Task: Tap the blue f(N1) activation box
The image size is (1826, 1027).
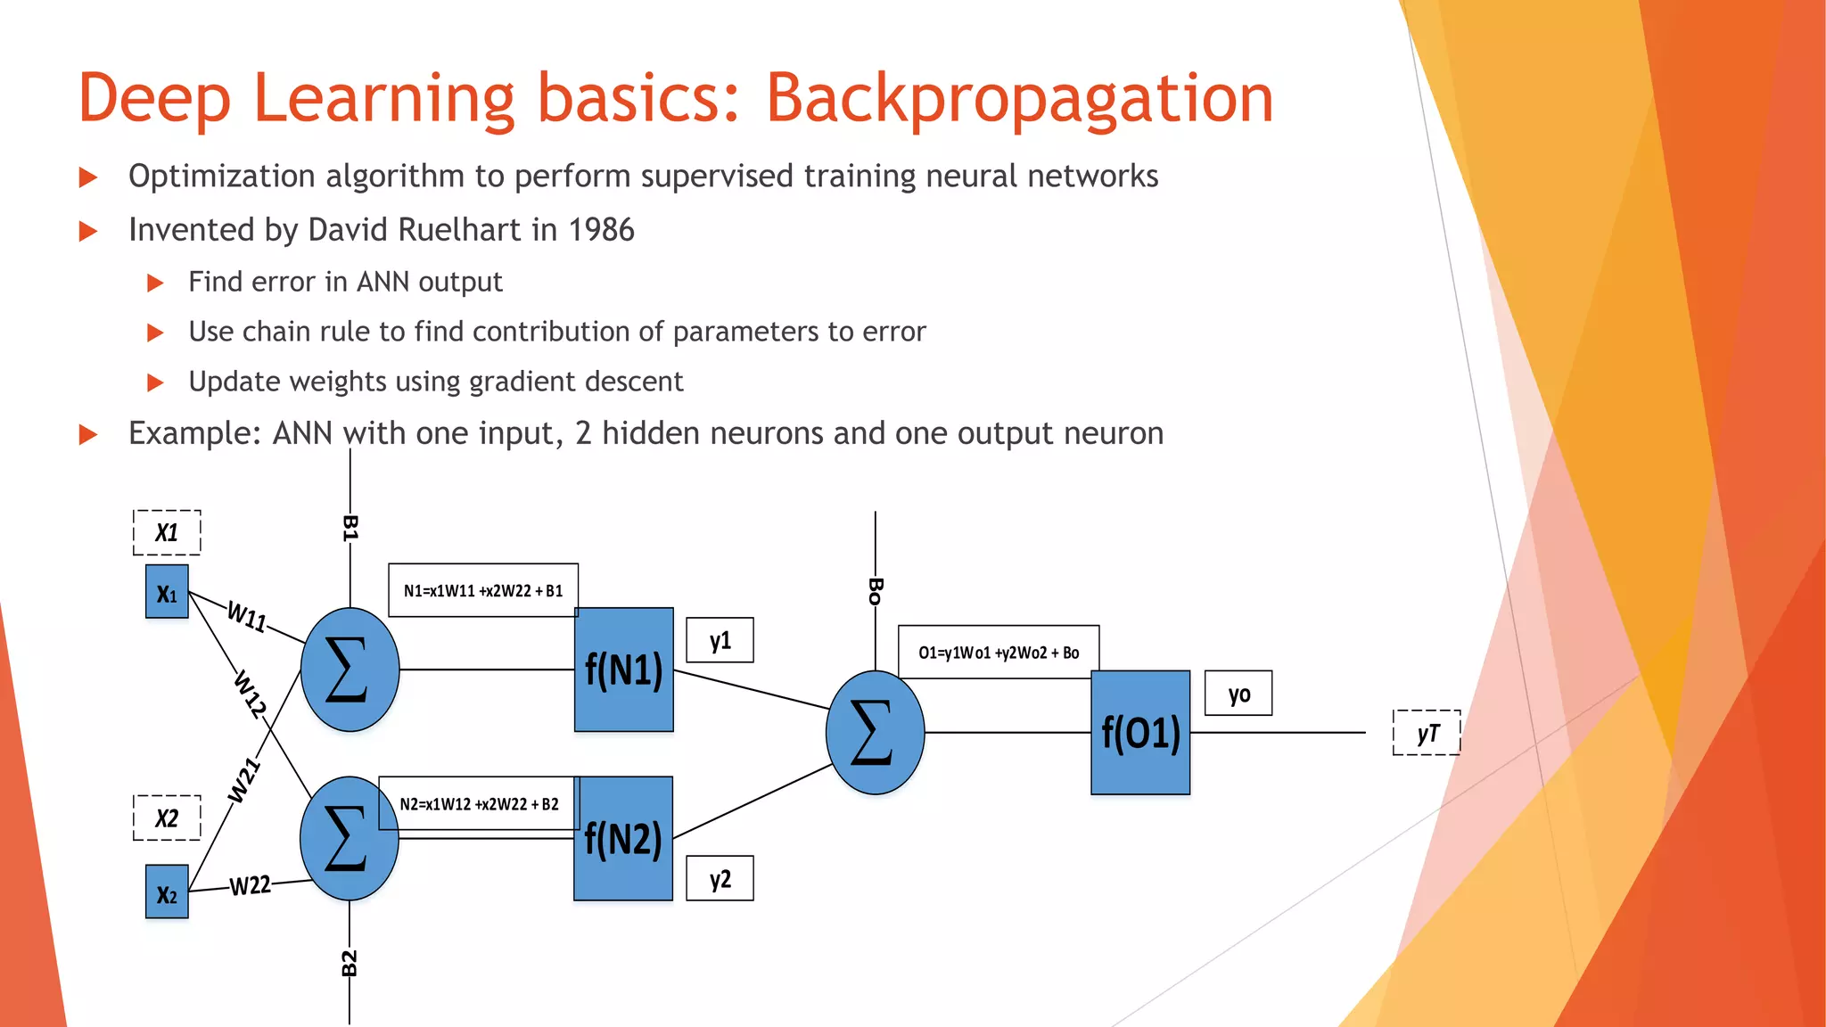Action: [623, 670]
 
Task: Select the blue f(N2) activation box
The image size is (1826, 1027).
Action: [622, 839]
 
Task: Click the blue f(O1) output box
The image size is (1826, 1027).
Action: [1140, 733]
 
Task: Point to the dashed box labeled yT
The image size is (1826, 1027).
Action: [1427, 733]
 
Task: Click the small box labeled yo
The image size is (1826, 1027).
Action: [1238, 694]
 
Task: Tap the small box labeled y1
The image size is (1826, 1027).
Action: [720, 640]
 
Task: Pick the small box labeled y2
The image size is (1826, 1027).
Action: [720, 879]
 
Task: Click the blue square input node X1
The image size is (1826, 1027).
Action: [167, 592]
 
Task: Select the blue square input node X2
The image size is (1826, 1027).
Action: [167, 892]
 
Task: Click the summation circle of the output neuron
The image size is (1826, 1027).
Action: [875, 733]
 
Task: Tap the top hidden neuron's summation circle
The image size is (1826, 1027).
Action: [350, 670]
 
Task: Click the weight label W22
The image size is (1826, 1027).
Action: [250, 885]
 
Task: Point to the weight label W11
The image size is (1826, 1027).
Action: [247, 616]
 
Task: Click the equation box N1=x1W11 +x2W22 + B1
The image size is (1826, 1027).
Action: [483, 590]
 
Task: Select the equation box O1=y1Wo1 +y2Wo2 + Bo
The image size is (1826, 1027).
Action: [999, 653]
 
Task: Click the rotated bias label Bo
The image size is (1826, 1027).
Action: [876, 590]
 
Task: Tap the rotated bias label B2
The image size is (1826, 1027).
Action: [350, 963]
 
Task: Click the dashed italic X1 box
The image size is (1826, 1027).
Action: [167, 533]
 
